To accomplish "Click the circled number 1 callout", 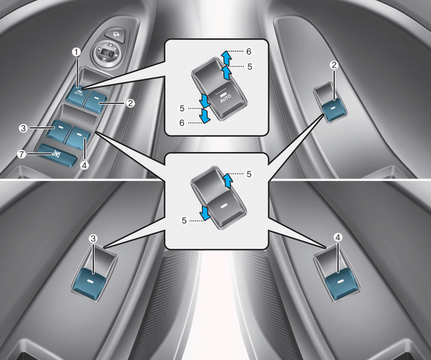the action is point(77,52).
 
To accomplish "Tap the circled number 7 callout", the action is point(21,154).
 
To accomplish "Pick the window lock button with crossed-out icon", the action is point(57,155).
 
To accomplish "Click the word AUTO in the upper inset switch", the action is point(225,98).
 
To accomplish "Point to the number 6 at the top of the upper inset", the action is point(249,52).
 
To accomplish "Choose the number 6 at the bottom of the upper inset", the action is point(182,123).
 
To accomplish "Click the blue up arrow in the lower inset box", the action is point(228,180).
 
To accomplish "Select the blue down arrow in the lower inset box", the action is point(205,214).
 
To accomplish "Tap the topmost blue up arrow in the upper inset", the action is point(226,58).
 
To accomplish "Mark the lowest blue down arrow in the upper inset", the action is point(205,116).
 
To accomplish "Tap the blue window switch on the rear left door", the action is point(90,283).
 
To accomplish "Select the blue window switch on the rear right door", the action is point(342,283).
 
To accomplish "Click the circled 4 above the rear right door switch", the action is point(338,237).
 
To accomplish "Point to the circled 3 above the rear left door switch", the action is point(93,238).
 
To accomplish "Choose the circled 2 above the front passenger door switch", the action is point(334,65).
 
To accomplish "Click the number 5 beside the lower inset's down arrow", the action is point(184,220).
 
